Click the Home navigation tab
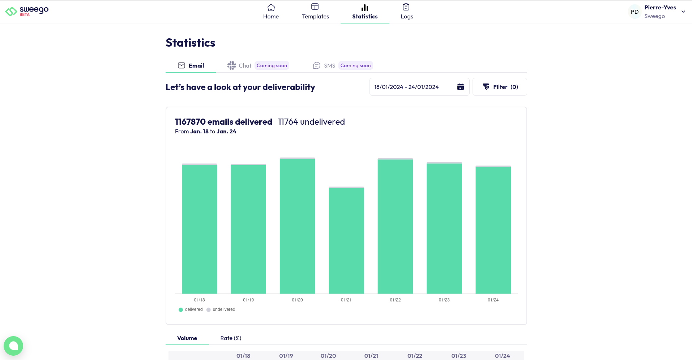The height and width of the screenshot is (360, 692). coord(271,12)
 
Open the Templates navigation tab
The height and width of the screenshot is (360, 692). coord(315,12)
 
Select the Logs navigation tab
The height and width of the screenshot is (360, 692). coord(407,12)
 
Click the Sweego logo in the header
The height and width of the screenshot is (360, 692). coord(27,11)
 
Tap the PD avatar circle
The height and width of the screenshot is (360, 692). coord(635,12)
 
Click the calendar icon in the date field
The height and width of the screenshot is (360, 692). coord(460,87)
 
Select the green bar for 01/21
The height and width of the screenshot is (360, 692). coord(346,240)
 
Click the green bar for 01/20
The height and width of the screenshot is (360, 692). coord(297,226)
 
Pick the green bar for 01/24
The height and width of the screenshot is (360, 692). coord(493,230)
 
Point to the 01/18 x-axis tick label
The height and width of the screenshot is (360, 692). coord(199,300)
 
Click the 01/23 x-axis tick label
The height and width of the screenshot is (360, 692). coord(444,300)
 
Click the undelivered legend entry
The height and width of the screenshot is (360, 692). coord(221,309)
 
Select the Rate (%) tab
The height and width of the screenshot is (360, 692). coord(231,338)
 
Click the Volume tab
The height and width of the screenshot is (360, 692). coord(187,338)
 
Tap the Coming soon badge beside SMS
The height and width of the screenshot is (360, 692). coord(355,65)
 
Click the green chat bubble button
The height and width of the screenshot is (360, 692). coord(13,346)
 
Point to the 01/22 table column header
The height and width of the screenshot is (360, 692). coord(415,356)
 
